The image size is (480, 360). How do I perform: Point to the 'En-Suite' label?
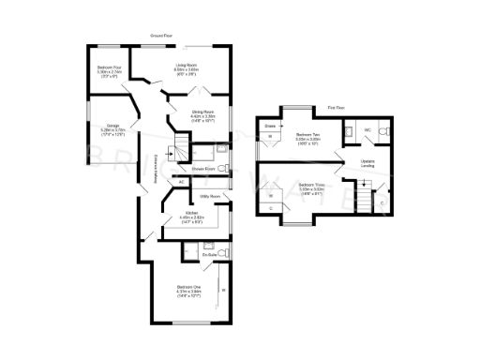210,253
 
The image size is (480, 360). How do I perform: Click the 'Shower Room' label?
204,169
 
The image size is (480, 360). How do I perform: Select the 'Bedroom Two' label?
308,134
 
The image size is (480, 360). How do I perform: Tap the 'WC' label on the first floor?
368,129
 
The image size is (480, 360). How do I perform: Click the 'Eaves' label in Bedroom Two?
270,125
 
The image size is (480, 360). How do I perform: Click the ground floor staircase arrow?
173,149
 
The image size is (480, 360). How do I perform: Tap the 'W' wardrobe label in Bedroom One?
223,290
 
